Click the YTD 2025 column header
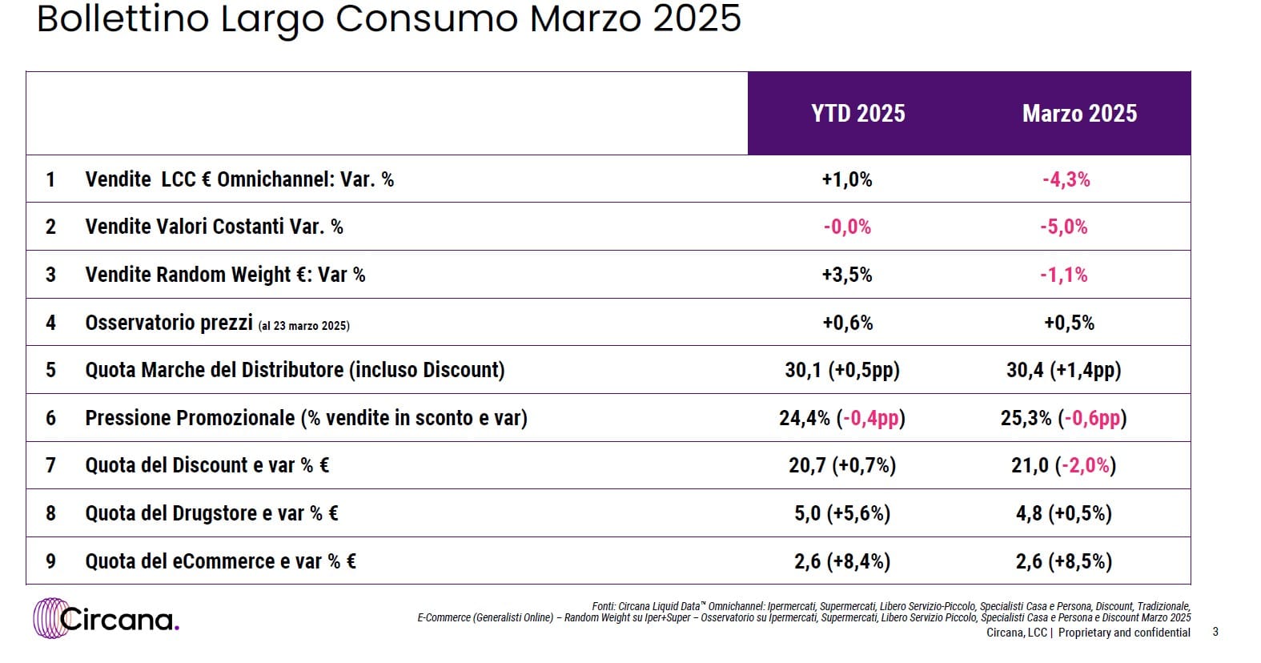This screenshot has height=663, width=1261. [857, 114]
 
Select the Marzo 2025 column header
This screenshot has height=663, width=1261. [1079, 114]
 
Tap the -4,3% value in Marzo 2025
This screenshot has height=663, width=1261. [1066, 179]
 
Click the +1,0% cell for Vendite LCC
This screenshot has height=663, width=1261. [846, 179]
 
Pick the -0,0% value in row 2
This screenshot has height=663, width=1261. [846, 227]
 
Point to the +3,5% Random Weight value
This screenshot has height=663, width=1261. [846, 275]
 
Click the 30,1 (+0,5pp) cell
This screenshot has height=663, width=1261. [842, 370]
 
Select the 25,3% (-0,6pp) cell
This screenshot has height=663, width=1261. [1063, 418]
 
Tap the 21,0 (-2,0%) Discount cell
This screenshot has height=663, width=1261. [1063, 465]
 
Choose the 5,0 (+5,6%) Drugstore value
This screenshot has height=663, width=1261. [842, 513]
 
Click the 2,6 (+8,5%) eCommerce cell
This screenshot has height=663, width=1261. [1063, 561]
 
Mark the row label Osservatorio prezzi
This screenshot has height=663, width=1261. [169, 323]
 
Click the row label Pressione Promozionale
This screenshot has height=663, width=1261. [191, 418]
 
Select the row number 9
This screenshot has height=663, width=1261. [50, 561]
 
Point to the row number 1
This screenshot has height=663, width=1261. [50, 179]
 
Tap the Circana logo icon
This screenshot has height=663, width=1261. [51, 618]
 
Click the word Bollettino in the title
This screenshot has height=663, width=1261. [123, 19]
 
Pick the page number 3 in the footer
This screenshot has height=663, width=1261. [1215, 632]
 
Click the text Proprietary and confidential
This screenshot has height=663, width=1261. [1124, 633]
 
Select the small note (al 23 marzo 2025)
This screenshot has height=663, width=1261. [303, 326]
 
